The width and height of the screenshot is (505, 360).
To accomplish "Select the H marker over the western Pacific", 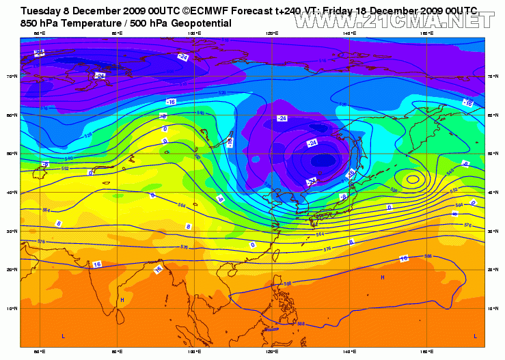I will (382, 277).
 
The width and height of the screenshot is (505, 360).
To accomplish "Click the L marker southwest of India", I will (64, 337).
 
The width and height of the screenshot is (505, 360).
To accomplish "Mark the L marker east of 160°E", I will (476, 336).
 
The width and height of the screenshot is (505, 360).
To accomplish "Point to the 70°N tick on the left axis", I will (14, 77).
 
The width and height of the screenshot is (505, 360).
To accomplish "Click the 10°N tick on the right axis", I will (492, 309).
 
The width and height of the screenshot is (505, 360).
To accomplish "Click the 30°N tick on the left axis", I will (14, 232).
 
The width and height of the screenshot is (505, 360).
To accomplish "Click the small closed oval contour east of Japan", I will (413, 180).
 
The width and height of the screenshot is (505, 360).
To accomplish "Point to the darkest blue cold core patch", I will (321, 162).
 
